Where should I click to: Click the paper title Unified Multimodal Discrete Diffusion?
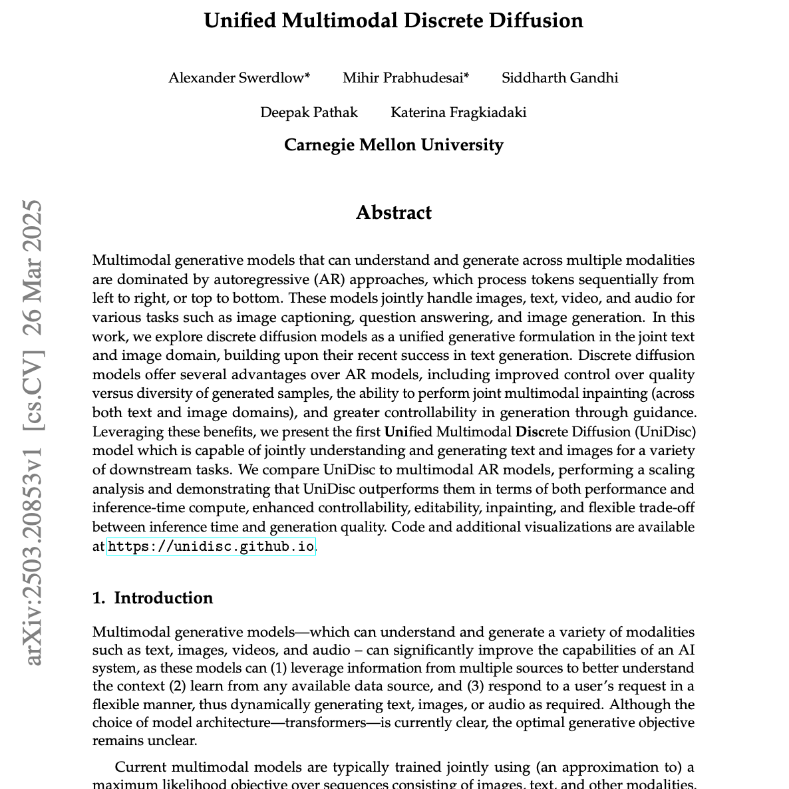tap(393, 21)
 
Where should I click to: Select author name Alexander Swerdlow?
tap(236, 78)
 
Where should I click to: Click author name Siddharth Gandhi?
tap(559, 78)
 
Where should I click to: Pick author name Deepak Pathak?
tap(309, 112)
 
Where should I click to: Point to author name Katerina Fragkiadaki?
tap(458, 112)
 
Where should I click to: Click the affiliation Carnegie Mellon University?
tap(393, 145)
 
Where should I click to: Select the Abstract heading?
tap(393, 213)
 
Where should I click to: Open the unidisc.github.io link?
tap(211, 547)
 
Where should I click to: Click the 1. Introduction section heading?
tap(152, 598)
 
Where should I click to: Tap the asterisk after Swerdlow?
tap(307, 75)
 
